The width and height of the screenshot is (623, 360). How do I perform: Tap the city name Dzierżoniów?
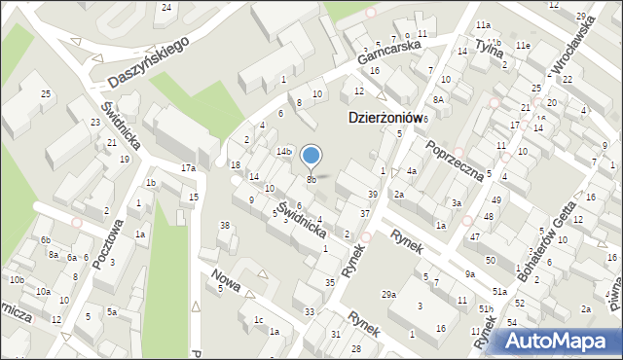(385, 117)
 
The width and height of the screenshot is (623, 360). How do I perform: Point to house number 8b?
(311, 180)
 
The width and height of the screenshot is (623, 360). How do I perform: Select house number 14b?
(283, 152)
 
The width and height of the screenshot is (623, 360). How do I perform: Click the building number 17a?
(188, 168)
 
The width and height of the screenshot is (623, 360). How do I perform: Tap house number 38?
(225, 226)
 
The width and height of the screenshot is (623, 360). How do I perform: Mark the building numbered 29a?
(389, 295)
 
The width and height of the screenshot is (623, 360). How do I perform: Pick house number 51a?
(499, 292)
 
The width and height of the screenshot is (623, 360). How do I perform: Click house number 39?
(372, 195)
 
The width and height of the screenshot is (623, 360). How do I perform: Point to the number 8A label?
(438, 99)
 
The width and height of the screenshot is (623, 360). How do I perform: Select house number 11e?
(523, 46)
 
